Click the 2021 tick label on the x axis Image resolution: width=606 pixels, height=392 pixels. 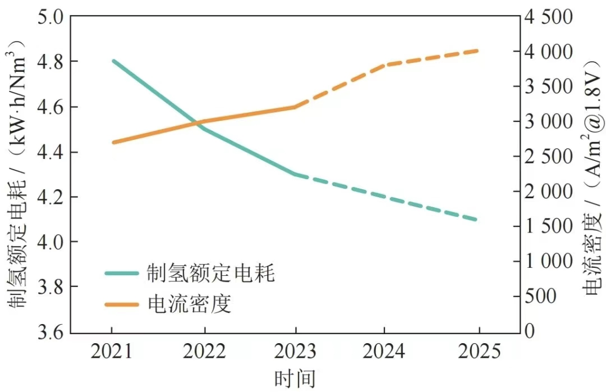click(x=112, y=352)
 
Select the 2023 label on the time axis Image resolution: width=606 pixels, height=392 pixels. click(x=295, y=352)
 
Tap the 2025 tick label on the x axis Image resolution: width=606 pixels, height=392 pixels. click(x=479, y=352)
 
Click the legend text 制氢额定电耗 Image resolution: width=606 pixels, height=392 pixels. click(x=211, y=274)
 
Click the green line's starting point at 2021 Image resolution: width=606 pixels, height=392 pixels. click(x=113, y=61)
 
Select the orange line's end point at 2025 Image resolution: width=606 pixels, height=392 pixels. click(x=478, y=51)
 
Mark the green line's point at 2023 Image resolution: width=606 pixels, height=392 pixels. click(x=295, y=174)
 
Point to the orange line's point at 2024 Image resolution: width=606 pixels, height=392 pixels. click(x=386, y=65)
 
